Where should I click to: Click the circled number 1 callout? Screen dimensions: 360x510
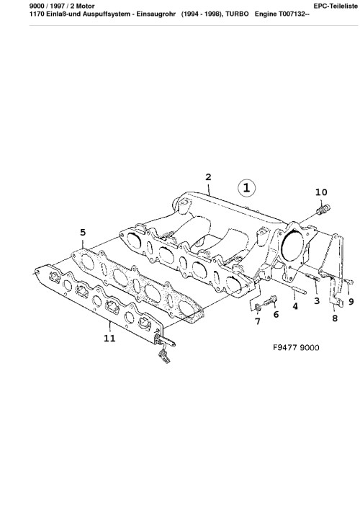tap(246, 188)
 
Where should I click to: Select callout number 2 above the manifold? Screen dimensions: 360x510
tap(208, 177)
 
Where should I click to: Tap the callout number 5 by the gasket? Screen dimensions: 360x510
tap(83, 232)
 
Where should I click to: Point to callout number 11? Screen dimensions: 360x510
tap(109, 339)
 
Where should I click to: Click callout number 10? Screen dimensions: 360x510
tap(321, 192)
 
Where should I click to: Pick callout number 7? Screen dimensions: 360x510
tap(258, 321)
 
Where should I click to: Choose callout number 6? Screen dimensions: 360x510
tap(276, 314)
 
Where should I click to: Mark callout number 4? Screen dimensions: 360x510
tap(295, 306)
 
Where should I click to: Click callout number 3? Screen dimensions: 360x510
tap(317, 300)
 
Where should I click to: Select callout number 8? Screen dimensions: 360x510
tap(335, 318)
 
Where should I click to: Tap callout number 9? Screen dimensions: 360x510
tap(351, 302)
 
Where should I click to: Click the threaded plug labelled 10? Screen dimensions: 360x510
tap(323, 209)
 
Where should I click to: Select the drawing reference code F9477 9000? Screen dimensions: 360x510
tap(296, 347)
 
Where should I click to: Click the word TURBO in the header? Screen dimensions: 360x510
tap(237, 14)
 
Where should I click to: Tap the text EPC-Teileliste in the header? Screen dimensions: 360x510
tap(336, 6)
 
